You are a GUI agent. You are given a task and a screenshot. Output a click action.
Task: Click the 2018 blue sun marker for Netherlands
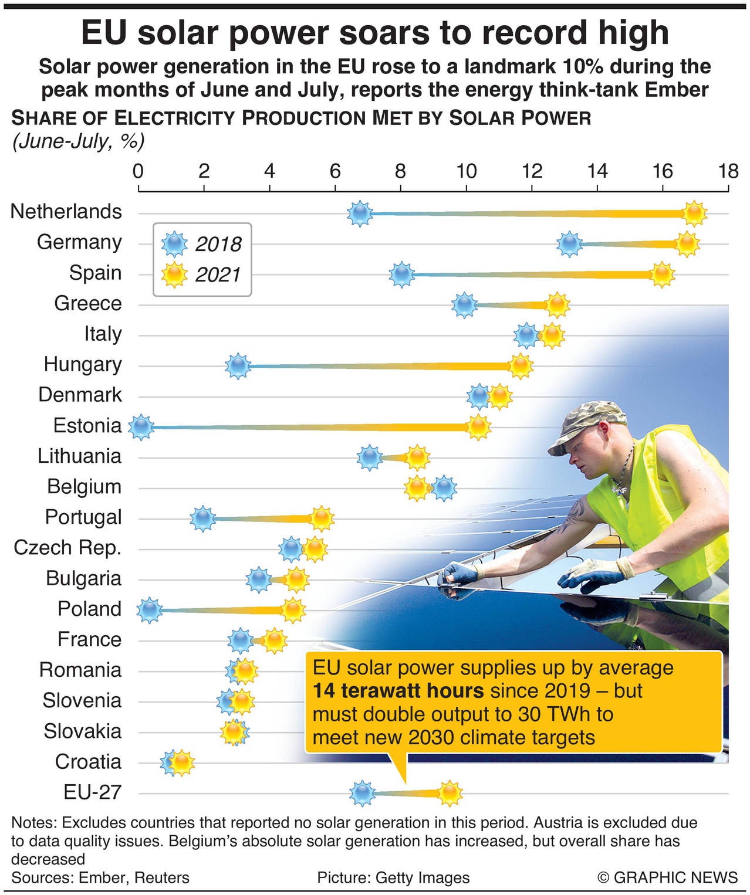(x=359, y=213)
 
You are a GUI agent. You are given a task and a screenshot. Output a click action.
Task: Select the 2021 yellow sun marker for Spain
(x=662, y=274)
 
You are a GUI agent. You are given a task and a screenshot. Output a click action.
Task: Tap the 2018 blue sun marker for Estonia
(x=141, y=427)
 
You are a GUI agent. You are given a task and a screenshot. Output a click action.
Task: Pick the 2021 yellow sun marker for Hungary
(x=520, y=366)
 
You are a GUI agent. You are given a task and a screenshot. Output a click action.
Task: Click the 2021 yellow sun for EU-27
(x=450, y=794)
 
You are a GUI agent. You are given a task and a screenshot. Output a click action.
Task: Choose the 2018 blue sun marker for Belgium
(x=444, y=488)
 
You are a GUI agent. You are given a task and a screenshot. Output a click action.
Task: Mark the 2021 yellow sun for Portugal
(x=322, y=518)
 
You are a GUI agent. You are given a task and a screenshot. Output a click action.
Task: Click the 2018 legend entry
(x=202, y=244)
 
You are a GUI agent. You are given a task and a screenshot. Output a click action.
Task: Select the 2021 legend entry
(x=202, y=274)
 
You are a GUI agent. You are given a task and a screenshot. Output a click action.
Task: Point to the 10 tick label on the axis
(x=466, y=171)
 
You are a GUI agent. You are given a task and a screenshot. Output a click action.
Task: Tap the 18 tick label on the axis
(x=728, y=171)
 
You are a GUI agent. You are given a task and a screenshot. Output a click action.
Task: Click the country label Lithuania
(x=80, y=456)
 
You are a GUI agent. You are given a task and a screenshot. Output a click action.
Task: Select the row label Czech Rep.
(x=67, y=547)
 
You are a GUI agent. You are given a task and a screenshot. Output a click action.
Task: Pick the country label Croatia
(x=88, y=761)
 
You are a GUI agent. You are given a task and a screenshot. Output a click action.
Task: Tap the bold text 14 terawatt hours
(x=398, y=691)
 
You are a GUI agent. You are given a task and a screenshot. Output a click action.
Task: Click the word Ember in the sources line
(x=102, y=877)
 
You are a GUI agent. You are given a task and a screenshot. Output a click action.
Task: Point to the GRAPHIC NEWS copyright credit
(x=667, y=877)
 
